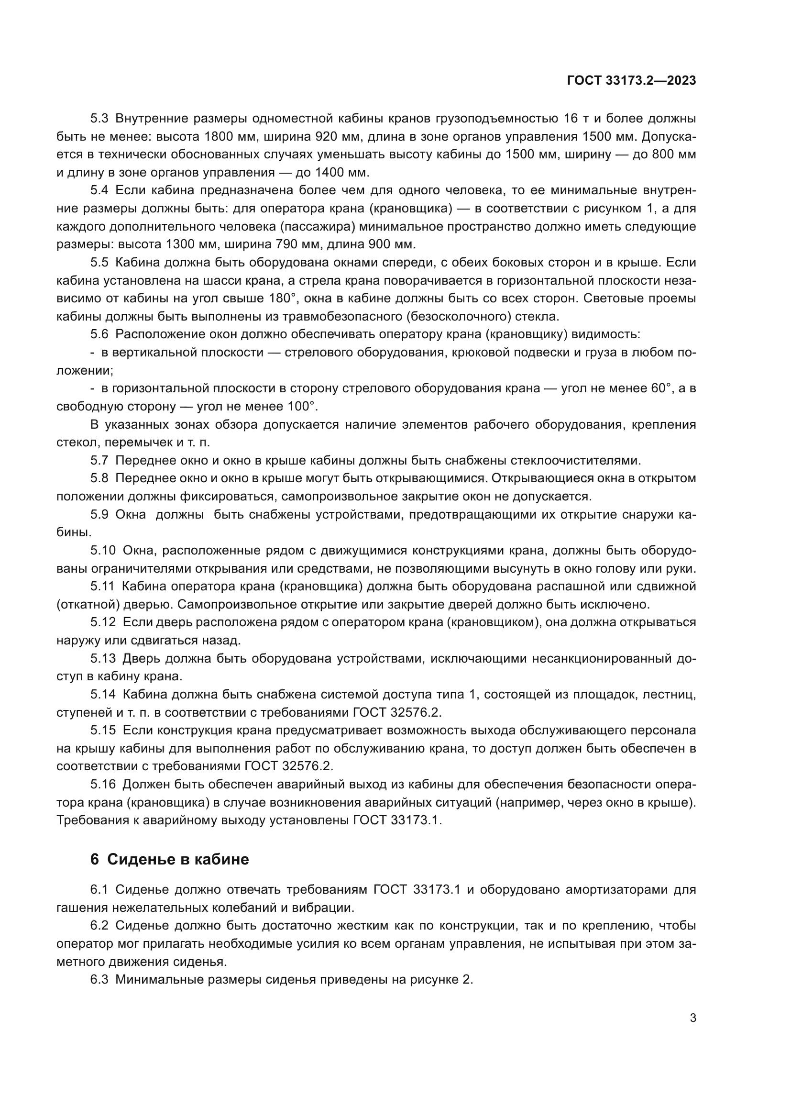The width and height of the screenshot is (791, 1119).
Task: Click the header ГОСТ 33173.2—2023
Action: (631, 81)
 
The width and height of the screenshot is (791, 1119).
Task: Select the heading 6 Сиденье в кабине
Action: (169, 859)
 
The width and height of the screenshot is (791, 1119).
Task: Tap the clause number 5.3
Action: (100, 119)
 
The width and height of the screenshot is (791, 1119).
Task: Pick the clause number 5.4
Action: (100, 190)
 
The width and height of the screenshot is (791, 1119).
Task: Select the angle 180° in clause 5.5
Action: (282, 298)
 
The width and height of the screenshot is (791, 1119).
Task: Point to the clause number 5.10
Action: (103, 551)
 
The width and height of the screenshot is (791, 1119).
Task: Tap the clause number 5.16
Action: (103, 785)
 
